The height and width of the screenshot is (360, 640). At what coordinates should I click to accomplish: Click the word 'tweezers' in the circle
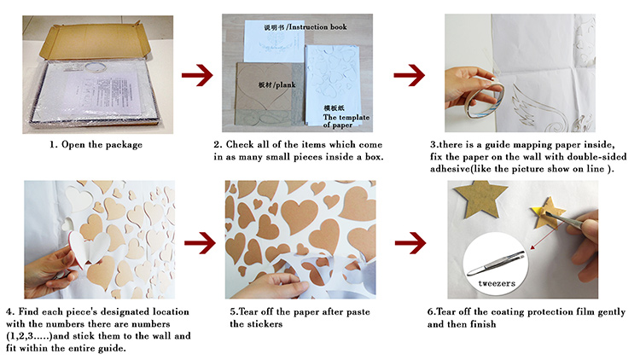[x=497, y=283]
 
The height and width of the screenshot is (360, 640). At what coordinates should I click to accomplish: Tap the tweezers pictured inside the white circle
[x=496, y=264]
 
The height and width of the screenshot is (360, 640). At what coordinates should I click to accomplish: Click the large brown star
[x=480, y=199]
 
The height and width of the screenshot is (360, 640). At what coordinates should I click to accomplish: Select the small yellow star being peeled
[x=548, y=212]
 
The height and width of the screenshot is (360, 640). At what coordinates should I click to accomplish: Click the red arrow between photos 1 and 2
[x=197, y=75]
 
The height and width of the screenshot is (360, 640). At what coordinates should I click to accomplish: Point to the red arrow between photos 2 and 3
[x=410, y=75]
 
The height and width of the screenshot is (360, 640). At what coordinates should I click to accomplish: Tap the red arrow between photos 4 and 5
[x=200, y=243]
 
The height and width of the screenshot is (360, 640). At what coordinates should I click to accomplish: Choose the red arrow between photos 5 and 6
[x=410, y=243]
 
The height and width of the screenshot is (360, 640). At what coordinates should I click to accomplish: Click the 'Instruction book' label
[x=318, y=27]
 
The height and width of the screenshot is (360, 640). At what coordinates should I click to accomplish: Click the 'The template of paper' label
[x=346, y=121]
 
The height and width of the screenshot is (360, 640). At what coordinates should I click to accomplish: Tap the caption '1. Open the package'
[x=96, y=144]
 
